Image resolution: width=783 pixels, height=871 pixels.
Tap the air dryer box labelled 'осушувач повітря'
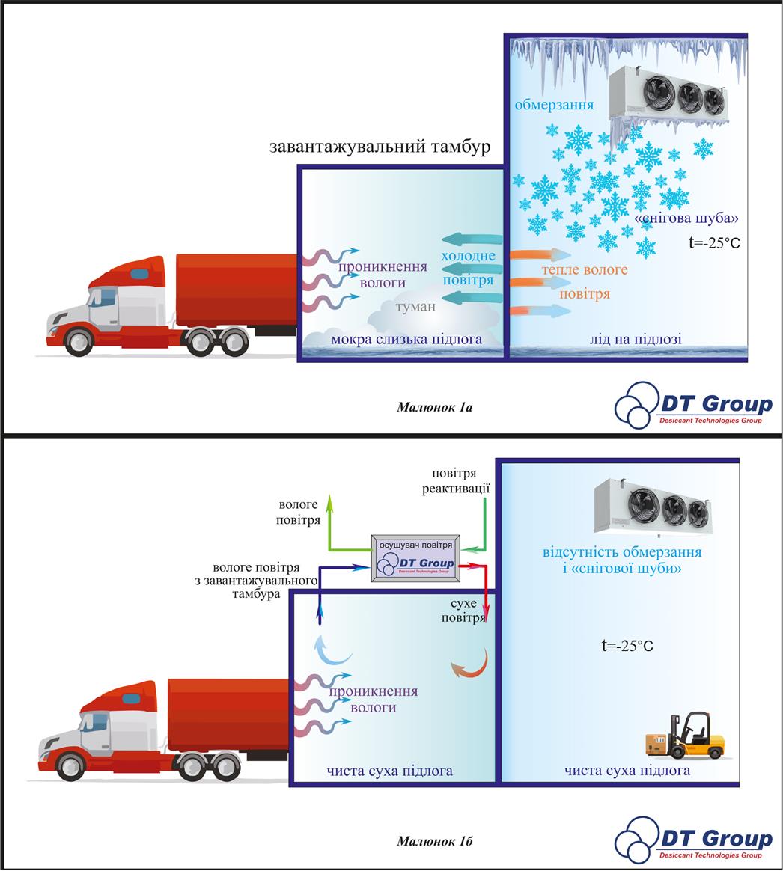[x=416, y=557]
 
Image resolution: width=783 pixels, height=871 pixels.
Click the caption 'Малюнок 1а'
[x=435, y=408]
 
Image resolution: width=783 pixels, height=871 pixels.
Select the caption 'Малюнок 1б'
[x=435, y=840]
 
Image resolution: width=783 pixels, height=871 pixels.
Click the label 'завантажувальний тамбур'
[x=380, y=147]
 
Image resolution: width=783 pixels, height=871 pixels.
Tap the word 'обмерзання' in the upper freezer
[x=554, y=104]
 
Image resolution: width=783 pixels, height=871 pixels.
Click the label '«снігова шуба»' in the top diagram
[x=686, y=219]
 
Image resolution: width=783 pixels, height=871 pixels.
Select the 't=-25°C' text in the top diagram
[x=713, y=242]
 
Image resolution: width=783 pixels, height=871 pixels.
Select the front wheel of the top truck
[x=78, y=343]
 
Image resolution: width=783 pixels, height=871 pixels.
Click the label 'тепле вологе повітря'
[x=585, y=281]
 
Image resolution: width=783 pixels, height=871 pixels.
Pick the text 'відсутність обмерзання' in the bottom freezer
[x=622, y=553]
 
